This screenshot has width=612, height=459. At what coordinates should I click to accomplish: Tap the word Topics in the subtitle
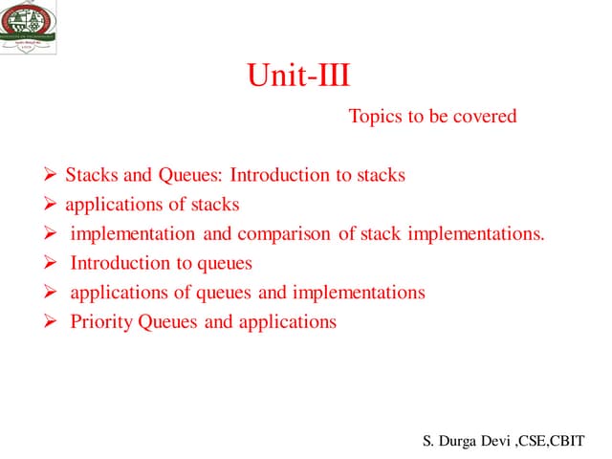[x=375, y=117]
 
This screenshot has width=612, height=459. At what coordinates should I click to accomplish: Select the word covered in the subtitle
[x=484, y=117]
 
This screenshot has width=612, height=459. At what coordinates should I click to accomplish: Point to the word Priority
[x=102, y=321]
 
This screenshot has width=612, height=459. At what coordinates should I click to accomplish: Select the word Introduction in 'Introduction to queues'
[x=120, y=263]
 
